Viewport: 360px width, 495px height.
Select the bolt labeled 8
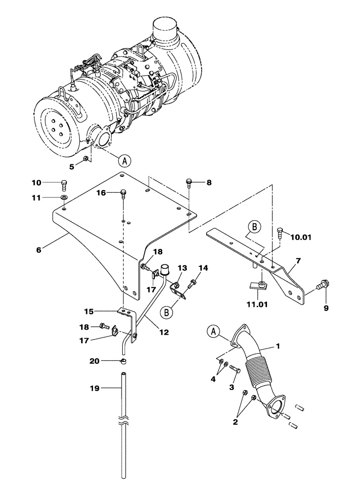pyautogui.click(x=189, y=183)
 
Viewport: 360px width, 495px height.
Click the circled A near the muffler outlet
pyautogui.click(x=126, y=160)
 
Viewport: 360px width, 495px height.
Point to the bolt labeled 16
pyautogui.click(x=123, y=195)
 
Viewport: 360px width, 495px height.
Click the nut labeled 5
pyautogui.click(x=86, y=158)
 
